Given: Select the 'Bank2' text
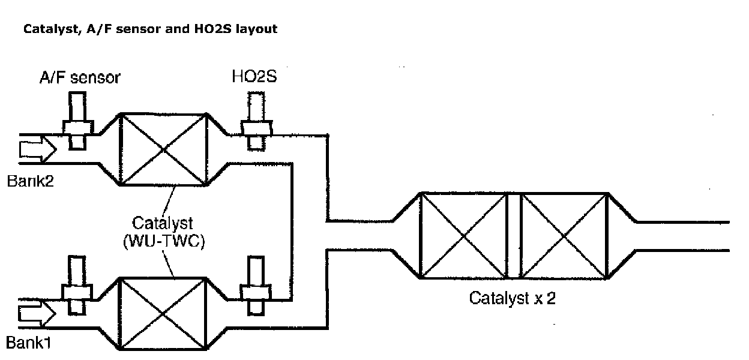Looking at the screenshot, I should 31,181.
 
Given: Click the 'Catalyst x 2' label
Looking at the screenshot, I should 512,298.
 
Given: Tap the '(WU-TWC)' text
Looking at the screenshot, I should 162,243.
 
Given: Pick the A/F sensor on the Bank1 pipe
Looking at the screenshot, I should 78,286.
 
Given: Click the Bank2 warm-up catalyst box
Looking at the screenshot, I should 164,149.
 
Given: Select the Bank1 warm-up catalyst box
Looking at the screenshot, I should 164,314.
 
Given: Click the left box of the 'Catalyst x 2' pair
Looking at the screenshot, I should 462,235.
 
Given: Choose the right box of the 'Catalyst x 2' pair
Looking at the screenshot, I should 564,235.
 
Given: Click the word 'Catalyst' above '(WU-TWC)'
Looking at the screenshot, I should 162,224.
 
